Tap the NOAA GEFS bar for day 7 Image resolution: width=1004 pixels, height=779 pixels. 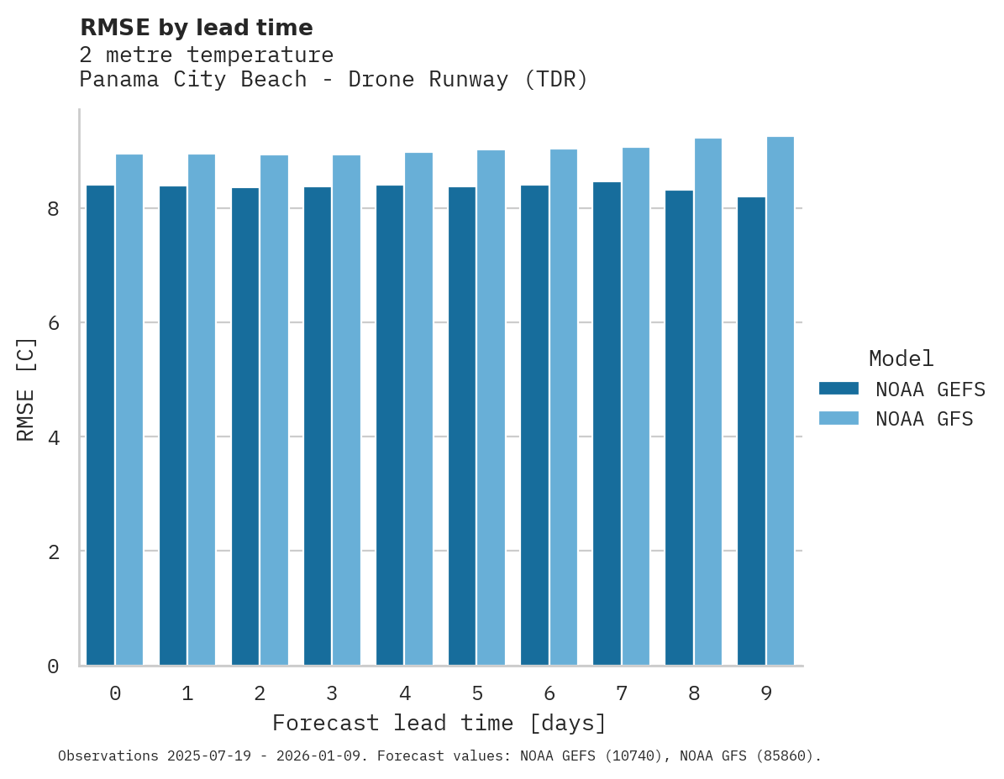pyautogui.click(x=607, y=423)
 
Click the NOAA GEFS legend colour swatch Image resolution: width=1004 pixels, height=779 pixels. pyautogui.click(x=838, y=389)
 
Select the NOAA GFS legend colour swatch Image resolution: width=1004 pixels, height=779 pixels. pyautogui.click(x=838, y=418)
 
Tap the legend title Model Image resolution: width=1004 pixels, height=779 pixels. pyautogui.click(x=901, y=359)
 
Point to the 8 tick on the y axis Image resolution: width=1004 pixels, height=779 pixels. pyautogui.click(x=53, y=209)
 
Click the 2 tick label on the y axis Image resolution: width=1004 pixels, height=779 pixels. pyautogui.click(x=53, y=552)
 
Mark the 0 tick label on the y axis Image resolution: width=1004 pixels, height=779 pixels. pyautogui.click(x=53, y=667)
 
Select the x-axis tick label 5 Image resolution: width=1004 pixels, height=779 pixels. pyautogui.click(x=477, y=694)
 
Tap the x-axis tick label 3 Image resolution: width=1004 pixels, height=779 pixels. pyautogui.click(x=333, y=694)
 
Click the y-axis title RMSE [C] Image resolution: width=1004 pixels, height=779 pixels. pyautogui.click(x=27, y=389)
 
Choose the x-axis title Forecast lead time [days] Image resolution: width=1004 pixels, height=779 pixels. pyautogui.click(x=439, y=724)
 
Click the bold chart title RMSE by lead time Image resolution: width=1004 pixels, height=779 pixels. pyautogui.click(x=196, y=28)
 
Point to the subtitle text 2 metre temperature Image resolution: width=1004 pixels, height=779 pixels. pyautogui.click(x=206, y=55)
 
